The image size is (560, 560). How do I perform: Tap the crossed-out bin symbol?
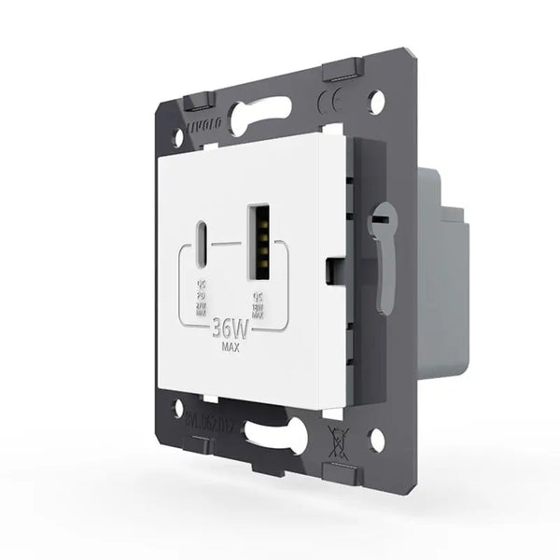(x=338, y=435)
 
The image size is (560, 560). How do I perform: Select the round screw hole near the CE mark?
(x=374, y=98)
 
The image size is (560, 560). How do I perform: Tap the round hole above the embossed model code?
(x=177, y=407)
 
